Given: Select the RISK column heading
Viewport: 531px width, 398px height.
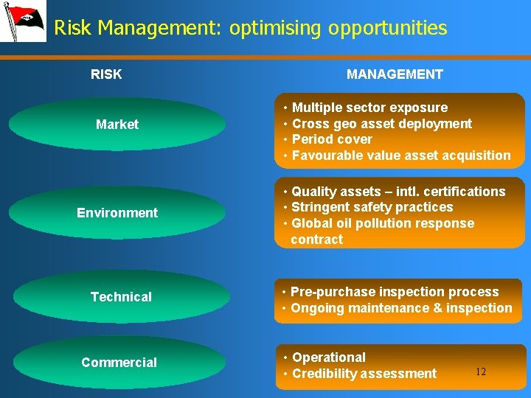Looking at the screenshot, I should click(106, 74).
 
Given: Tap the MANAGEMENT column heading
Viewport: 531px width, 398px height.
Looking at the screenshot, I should click(395, 74).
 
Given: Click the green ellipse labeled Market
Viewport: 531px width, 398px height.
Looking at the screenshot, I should click(117, 125).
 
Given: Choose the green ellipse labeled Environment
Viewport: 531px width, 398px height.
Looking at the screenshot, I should click(117, 213).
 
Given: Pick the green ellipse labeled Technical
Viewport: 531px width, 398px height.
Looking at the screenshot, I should click(121, 297).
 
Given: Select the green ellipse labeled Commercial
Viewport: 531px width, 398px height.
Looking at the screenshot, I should click(119, 363).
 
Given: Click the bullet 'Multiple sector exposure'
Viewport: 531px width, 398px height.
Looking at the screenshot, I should click(369, 108).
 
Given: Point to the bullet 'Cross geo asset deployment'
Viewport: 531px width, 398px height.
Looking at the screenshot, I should click(381, 124).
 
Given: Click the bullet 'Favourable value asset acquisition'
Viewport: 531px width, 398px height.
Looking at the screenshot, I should click(400, 156).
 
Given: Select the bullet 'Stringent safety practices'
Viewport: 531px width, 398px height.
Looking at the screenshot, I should click(372, 208).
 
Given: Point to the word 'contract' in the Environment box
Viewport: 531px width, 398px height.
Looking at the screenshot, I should click(317, 240).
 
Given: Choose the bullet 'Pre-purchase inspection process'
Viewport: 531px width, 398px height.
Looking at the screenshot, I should click(394, 292).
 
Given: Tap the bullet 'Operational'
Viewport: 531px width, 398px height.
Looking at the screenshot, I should click(329, 357).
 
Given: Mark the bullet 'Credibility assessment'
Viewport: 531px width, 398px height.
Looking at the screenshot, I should click(364, 374).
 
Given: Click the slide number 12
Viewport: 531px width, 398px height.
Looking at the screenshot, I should click(480, 372).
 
